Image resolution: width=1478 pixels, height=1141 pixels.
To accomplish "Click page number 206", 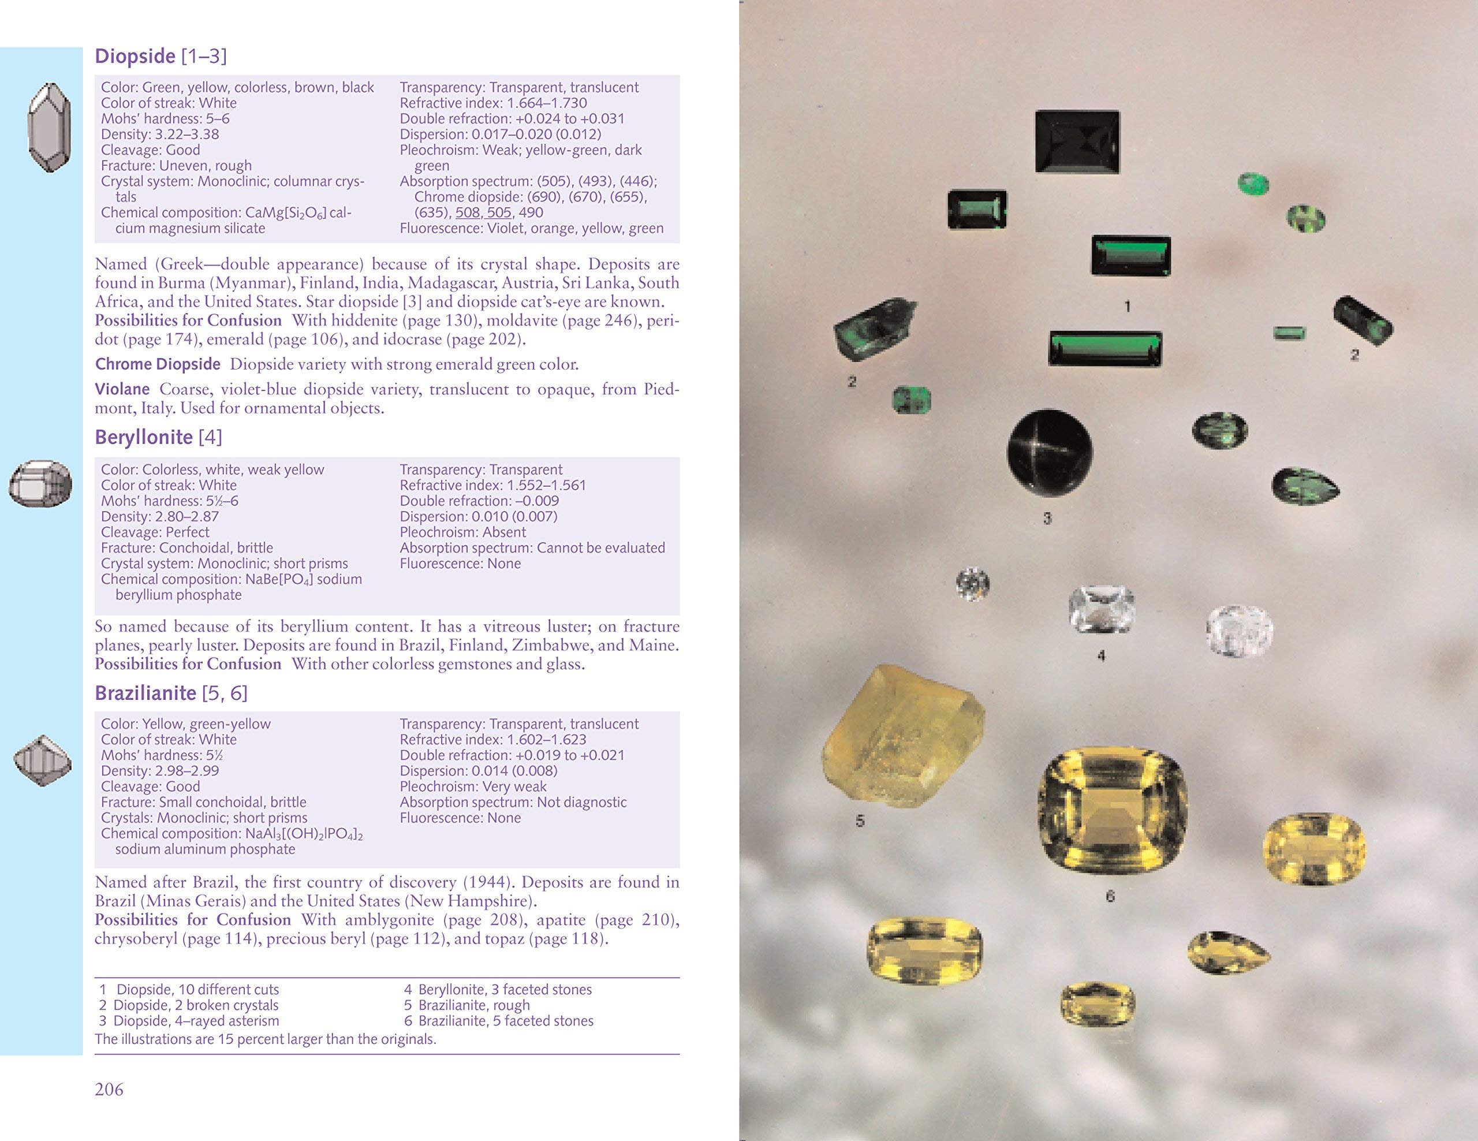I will pos(109,1089).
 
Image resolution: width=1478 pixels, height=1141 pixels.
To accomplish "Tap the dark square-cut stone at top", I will pos(1077,142).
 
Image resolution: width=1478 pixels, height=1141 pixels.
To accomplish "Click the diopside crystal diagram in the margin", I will pos(50,127).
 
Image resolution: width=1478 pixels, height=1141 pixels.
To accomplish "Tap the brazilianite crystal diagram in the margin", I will pos(43,760).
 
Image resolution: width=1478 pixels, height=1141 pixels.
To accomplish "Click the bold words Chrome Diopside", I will pos(158,364).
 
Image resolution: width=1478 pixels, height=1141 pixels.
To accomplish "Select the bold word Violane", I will pos(122,389).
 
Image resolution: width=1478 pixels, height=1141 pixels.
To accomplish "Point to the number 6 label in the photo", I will pos(1110,897).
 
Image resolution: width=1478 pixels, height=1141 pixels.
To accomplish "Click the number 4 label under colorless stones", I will pos(1101,656).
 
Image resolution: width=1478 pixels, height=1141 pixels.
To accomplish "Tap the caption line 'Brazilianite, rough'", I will pos(474,1005).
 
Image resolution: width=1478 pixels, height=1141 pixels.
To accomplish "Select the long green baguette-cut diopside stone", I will pos(1105,349).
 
